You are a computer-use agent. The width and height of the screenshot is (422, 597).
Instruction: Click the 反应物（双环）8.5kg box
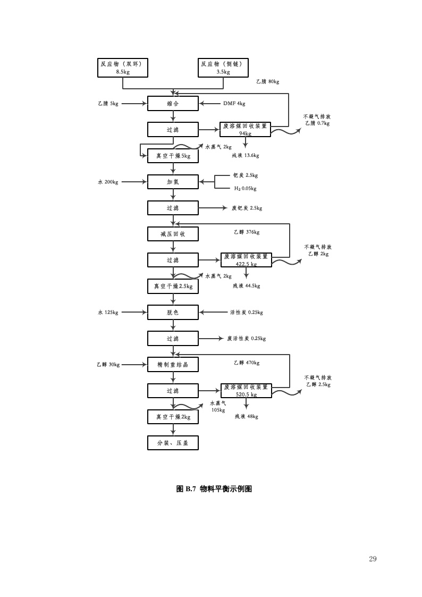pos(123,68)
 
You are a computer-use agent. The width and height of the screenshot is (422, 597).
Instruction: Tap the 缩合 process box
pos(173,104)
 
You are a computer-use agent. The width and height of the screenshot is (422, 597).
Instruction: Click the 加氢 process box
pos(173,182)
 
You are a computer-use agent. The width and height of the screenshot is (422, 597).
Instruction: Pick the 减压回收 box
pos(173,234)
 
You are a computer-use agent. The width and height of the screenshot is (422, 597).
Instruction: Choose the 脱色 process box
pos(173,313)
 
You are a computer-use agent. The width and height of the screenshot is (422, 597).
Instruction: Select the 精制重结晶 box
pos(173,365)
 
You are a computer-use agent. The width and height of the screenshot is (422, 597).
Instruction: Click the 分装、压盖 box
pos(173,443)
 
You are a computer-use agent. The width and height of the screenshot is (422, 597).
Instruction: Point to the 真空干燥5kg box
pos(173,156)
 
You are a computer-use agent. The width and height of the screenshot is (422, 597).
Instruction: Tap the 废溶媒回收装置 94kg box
pos(245,130)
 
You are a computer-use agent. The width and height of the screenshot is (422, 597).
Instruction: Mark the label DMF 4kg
pos(234,104)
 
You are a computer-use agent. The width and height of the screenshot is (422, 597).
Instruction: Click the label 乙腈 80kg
pos(267,81)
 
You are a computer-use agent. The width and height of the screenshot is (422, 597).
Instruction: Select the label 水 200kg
pos(108,182)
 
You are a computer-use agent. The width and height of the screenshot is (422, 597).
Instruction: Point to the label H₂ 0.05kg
pos(245,189)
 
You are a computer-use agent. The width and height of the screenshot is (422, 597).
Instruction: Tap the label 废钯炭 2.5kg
pos(247,208)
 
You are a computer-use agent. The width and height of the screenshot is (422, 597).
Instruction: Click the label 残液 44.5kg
pos(246,286)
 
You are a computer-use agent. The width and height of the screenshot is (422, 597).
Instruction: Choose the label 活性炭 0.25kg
pos(246,313)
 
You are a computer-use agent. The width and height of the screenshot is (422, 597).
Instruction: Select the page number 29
pos(373,559)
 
